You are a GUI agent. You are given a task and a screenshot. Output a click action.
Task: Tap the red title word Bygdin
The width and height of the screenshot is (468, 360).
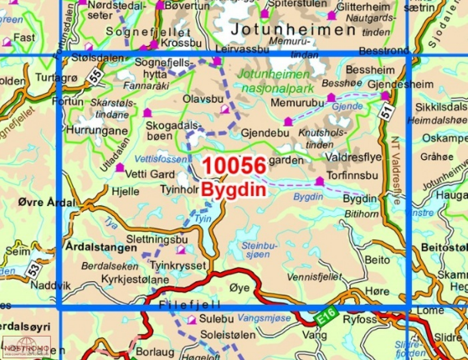(x=234, y=191)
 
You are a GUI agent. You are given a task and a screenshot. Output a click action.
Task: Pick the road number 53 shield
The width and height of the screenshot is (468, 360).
(x=33, y=270)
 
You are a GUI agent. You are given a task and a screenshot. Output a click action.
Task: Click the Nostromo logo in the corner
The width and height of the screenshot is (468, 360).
(x=26, y=346)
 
